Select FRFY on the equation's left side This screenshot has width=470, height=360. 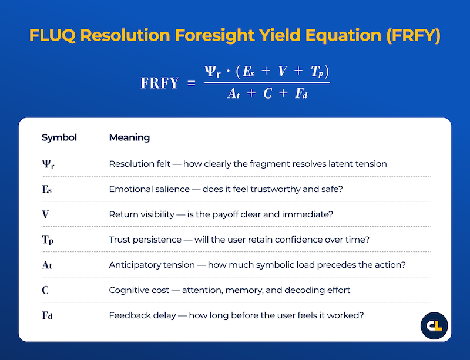[159, 83]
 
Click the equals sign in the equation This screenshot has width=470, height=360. [190, 83]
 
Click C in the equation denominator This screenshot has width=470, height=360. [267, 93]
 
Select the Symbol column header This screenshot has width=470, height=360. [59, 138]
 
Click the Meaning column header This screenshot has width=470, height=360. [129, 138]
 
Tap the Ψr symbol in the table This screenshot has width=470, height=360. [48, 164]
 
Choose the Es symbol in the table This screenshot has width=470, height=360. [48, 189]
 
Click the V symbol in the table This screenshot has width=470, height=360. [45, 214]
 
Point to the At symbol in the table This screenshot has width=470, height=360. [48, 265]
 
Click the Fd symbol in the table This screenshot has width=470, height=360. [48, 315]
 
